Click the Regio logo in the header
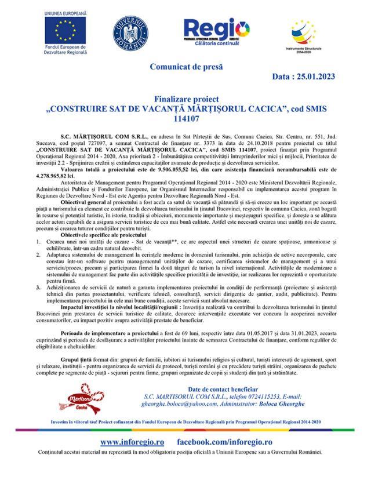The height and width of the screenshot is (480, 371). tap(216, 29)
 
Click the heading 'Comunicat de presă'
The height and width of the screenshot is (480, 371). tap(185, 66)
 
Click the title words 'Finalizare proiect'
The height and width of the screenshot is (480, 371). tap(185, 100)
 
